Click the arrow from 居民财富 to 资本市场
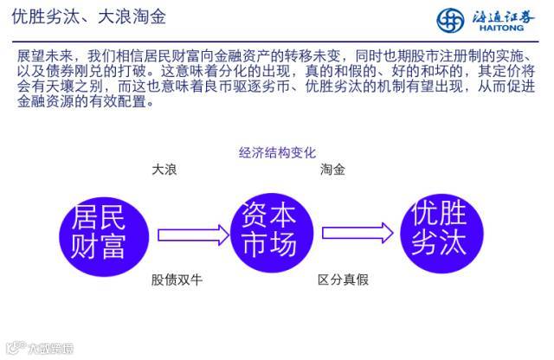[193, 234]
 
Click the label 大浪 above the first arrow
[164, 170]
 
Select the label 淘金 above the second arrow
[332, 170]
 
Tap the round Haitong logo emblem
[450, 19]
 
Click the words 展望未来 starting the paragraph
[41, 56]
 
